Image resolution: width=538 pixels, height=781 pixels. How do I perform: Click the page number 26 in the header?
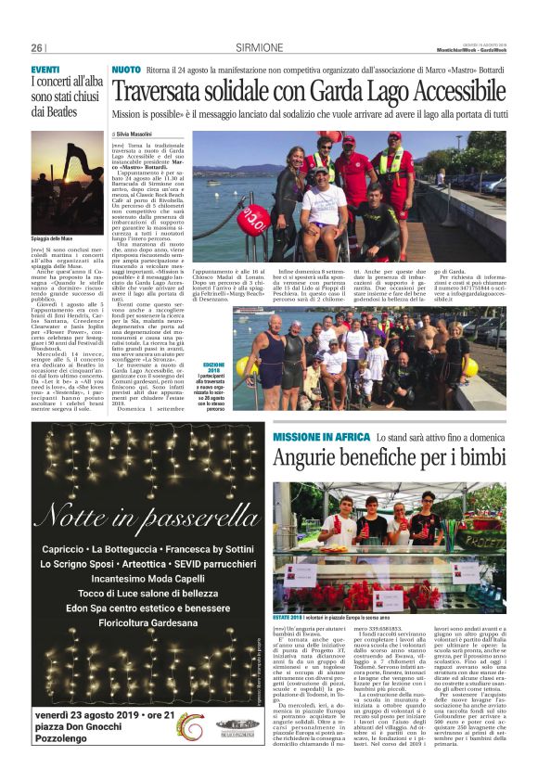coord(37,48)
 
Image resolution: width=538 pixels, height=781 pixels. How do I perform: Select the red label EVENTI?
coord(45,70)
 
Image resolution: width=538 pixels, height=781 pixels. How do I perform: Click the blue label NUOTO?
coord(126,70)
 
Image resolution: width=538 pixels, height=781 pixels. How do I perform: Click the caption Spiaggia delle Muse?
coord(52,239)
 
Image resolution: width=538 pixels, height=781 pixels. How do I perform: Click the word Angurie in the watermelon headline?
coord(314,458)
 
